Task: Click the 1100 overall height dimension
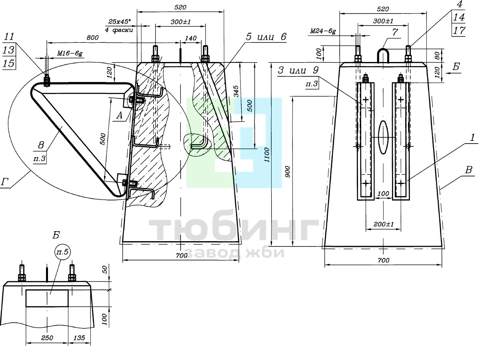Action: pos(267,155)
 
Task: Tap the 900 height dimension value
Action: pos(288,172)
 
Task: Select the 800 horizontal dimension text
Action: pos(92,38)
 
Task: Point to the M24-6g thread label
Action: pos(323,32)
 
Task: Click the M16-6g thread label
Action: pos(70,53)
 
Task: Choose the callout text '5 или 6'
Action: pos(266,37)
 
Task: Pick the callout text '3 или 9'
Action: pos(298,70)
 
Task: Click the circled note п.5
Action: pos(62,252)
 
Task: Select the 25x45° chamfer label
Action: pos(120,22)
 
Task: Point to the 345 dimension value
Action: pos(236,92)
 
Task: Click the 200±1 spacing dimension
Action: pos(383,224)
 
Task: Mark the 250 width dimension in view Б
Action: pos(47,338)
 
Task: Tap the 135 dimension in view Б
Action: pos(79,338)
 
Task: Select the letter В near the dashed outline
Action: pos(468,170)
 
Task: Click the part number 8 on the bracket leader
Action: pos(41,145)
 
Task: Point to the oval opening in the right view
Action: pos(383,137)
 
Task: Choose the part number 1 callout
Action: pos(472,138)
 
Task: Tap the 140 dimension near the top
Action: pos(191,38)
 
